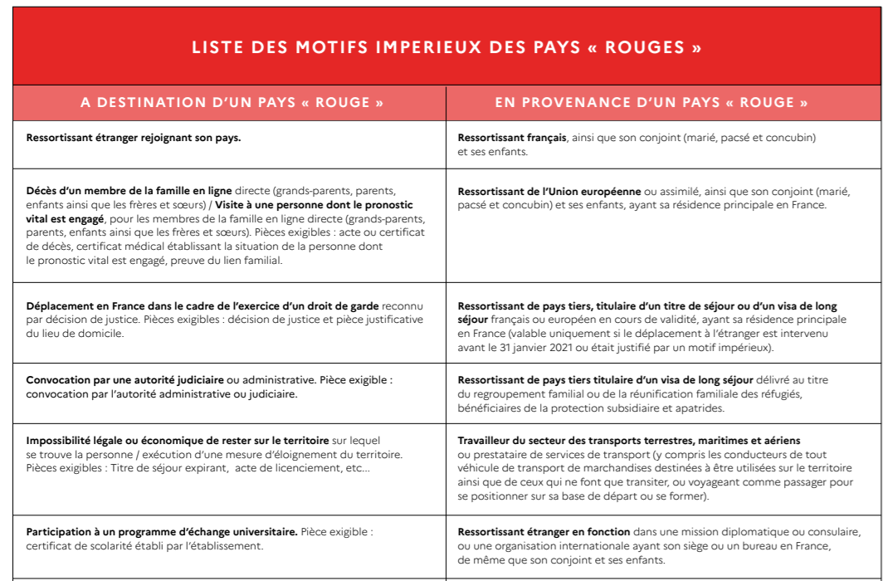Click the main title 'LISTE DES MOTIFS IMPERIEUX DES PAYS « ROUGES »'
(x=446, y=47)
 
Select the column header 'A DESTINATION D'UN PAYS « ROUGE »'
(x=232, y=103)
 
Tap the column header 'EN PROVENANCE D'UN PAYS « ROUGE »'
(x=651, y=103)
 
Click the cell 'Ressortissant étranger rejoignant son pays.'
(x=134, y=138)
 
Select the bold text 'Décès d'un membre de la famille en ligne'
(x=129, y=191)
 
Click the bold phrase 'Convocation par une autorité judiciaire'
(x=125, y=380)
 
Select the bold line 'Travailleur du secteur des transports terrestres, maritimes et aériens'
(x=629, y=440)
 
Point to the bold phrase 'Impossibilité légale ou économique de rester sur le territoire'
(x=178, y=440)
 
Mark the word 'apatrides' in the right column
(x=701, y=408)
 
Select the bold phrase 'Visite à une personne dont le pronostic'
(x=315, y=205)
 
